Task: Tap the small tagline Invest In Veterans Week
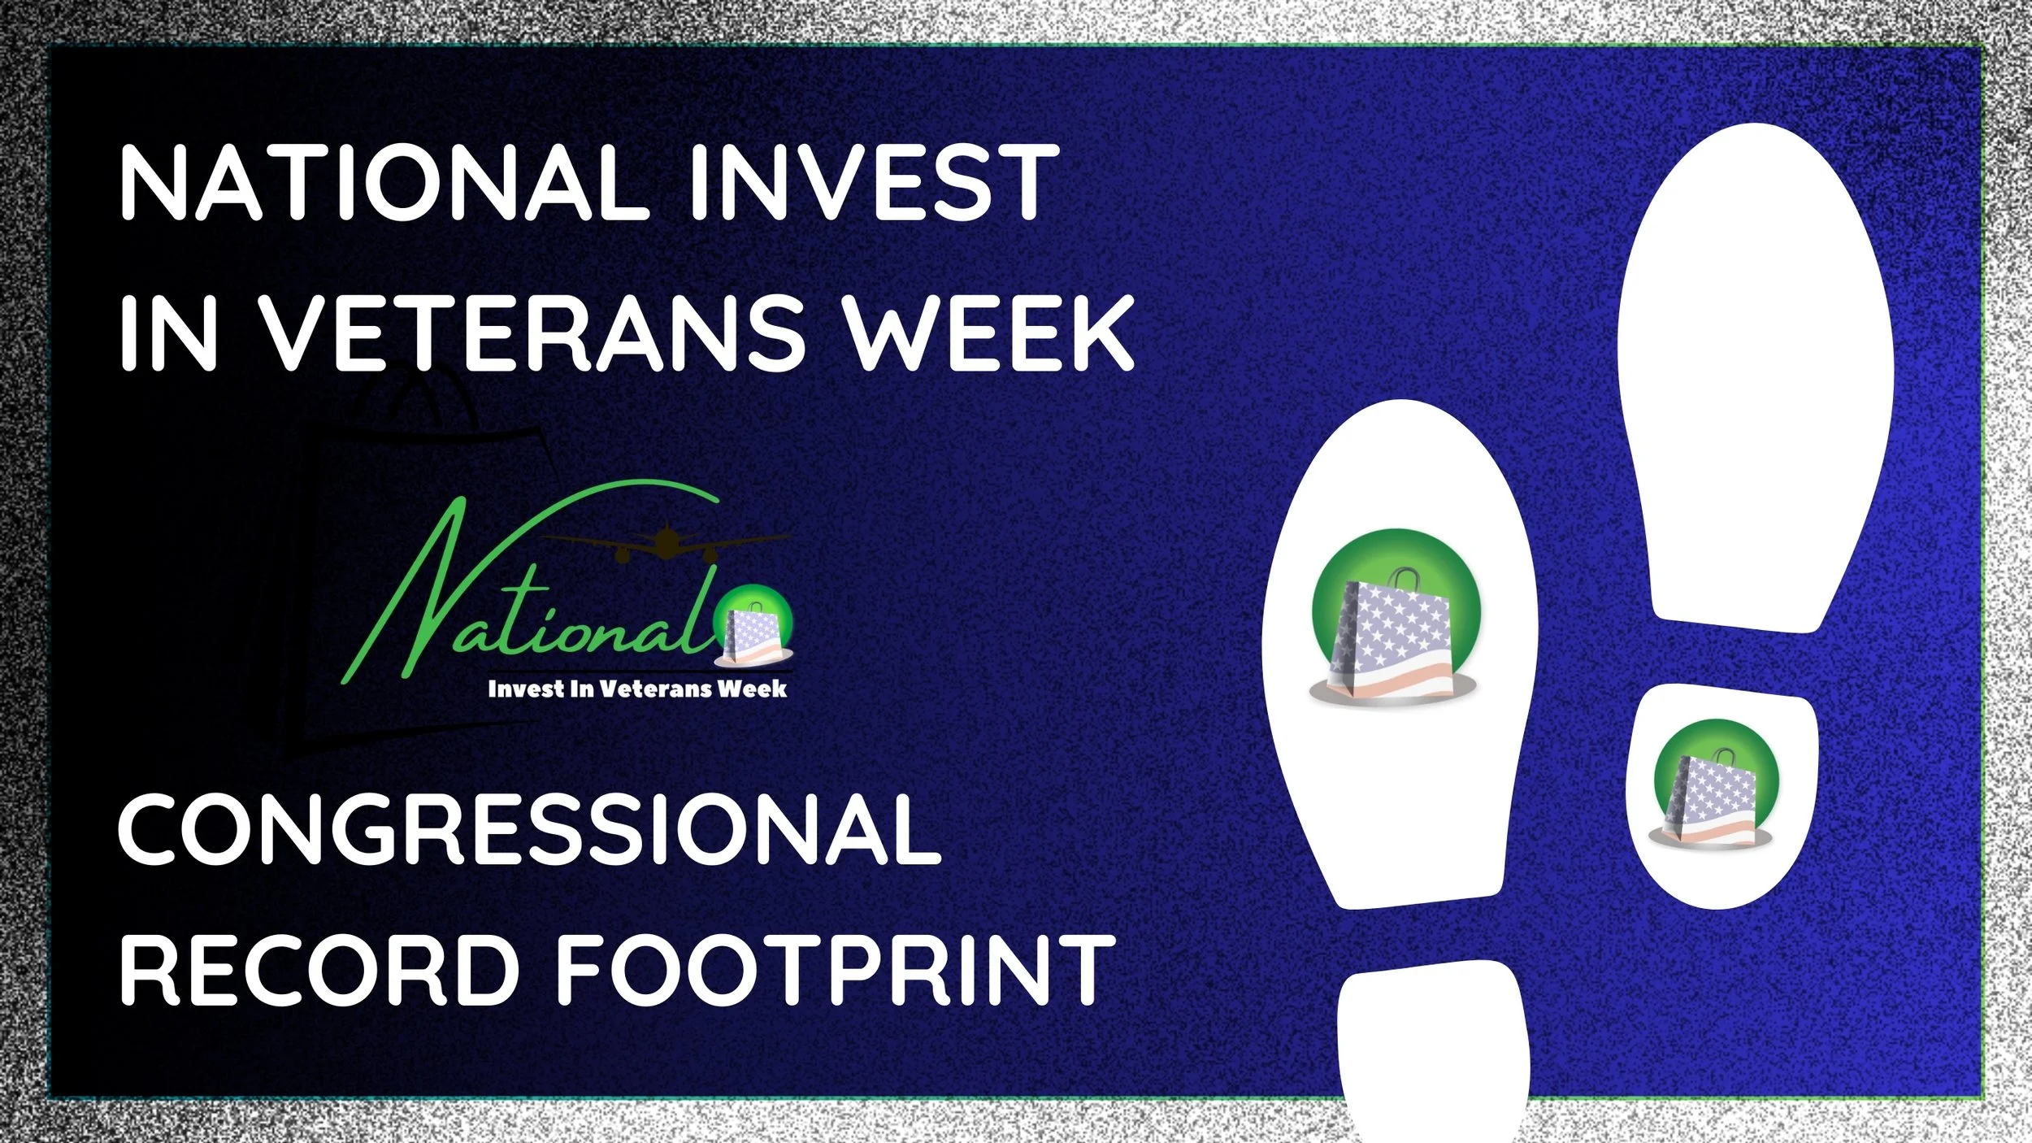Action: [636, 689]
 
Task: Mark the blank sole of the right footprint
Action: [1756, 366]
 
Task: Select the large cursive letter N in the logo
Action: [406, 602]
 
